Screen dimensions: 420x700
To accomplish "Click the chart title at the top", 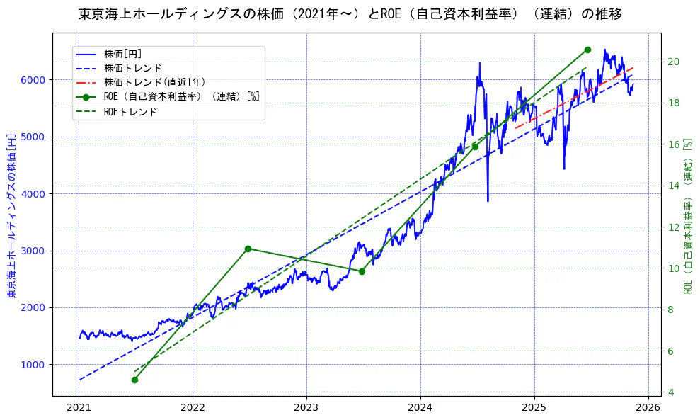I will pyautogui.click(x=350, y=13).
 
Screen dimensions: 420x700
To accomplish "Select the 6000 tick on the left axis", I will pyautogui.click(x=34, y=80).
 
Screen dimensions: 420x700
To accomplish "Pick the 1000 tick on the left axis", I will pyautogui.click(x=34, y=365).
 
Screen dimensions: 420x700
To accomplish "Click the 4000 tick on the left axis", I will pyautogui.click(x=34, y=194).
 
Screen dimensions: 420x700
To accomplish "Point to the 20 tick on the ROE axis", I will pyautogui.click(x=674, y=62).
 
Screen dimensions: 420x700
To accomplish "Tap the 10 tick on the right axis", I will pyautogui.click(x=674, y=268).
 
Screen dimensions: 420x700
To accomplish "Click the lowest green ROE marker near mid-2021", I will pyautogui.click(x=134, y=380).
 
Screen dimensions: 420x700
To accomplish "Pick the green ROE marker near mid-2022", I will pyautogui.click(x=248, y=249).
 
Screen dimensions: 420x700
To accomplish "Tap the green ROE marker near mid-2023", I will pyautogui.click(x=362, y=271).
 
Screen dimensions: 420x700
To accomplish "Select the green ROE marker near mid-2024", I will pyautogui.click(x=475, y=147).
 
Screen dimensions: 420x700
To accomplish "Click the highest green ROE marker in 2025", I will pyautogui.click(x=587, y=50).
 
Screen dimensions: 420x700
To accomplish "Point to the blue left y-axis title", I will pyautogui.click(x=12, y=215).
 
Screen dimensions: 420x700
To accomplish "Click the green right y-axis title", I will pyautogui.click(x=687, y=227).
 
